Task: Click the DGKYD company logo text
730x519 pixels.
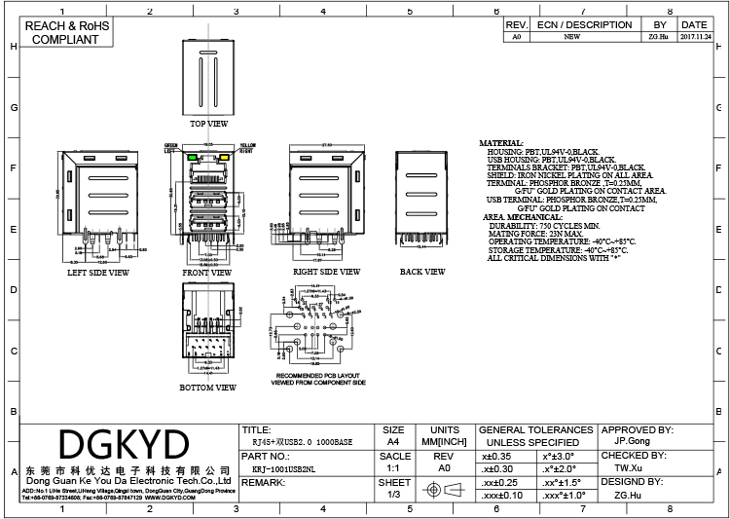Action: pos(124,444)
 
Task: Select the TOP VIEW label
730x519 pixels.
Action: pos(208,125)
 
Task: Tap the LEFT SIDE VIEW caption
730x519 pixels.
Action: pos(97,274)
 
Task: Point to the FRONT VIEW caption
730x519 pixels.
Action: pos(207,274)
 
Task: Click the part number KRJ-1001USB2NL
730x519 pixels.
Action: pos(282,467)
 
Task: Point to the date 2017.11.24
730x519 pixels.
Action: pos(693,36)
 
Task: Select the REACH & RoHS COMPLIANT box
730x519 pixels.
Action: pos(65,32)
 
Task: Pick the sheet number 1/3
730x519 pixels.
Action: pos(393,495)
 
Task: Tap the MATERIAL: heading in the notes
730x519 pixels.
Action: pos(501,144)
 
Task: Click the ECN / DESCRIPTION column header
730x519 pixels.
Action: pos(584,24)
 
